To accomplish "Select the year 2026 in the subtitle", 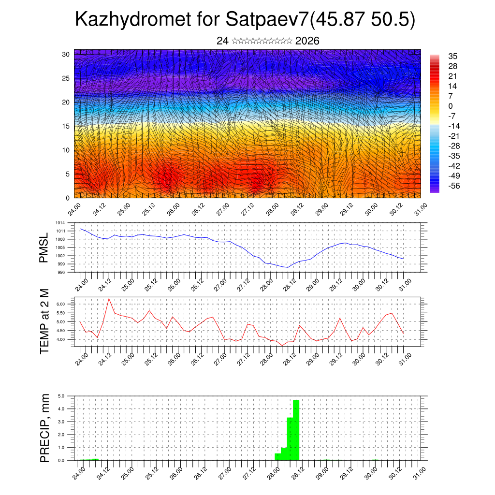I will [307, 41].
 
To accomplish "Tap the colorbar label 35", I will [453, 56].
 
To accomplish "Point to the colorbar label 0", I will [451, 106].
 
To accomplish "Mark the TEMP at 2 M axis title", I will [44, 321].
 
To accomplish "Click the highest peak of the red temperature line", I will [109, 299].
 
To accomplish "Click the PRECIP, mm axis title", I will [44, 427].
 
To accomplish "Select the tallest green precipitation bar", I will [296, 430].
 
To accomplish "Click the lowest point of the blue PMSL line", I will [288, 267].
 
